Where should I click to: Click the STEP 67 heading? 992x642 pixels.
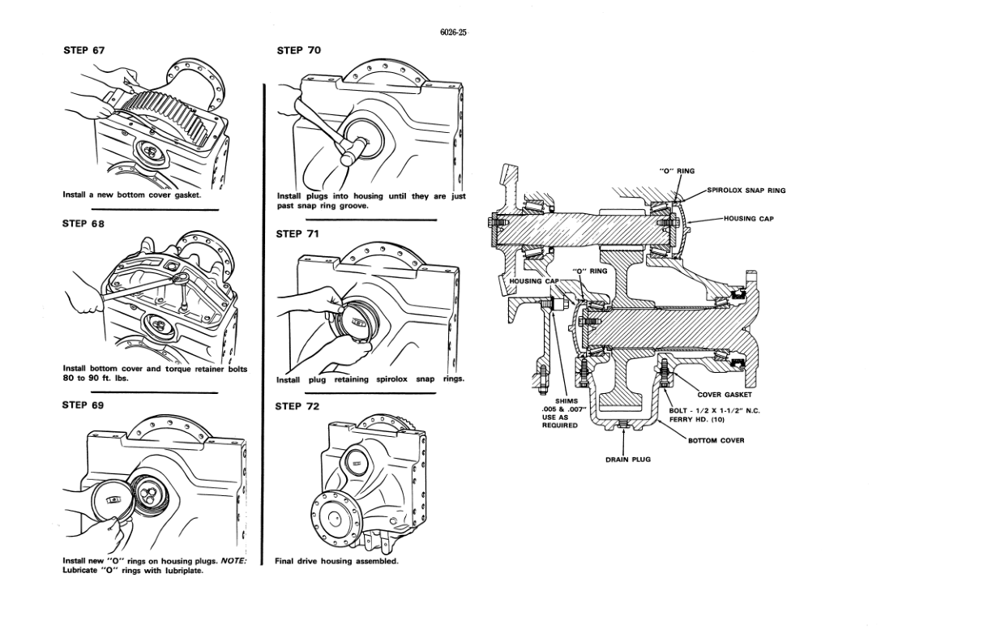tap(84, 50)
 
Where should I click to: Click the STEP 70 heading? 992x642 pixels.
tap(299, 50)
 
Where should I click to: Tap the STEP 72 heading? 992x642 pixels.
tap(297, 406)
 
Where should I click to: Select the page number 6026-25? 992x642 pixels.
tap(454, 32)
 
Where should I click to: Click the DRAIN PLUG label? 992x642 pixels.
tap(628, 460)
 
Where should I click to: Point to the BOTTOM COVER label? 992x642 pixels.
tap(716, 440)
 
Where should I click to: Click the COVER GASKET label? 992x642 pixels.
tap(725, 395)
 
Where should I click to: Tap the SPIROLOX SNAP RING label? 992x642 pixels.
tap(746, 190)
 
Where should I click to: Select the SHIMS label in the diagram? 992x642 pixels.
tap(567, 401)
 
